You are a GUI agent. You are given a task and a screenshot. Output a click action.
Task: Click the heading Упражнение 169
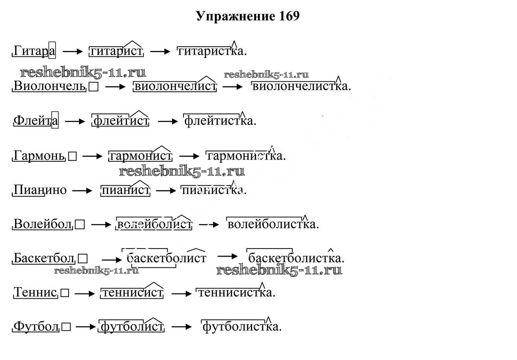pyautogui.click(x=247, y=16)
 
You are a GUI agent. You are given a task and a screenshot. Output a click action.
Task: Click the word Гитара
pyautogui.click(x=34, y=51)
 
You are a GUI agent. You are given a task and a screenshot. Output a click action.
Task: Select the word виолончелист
pyautogui.click(x=175, y=86)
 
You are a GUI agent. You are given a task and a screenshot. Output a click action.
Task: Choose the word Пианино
pyautogui.click(x=40, y=190)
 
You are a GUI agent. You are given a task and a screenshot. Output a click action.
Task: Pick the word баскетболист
pyautogui.click(x=166, y=258)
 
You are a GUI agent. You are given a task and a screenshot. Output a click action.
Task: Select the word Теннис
pyautogui.click(x=36, y=292)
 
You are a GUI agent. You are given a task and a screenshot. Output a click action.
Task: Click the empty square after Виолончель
pyautogui.click(x=93, y=87)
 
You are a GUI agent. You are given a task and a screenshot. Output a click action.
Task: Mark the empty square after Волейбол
pyautogui.click(x=80, y=225)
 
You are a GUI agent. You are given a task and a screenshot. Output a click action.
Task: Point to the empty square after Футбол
pyautogui.click(x=66, y=327)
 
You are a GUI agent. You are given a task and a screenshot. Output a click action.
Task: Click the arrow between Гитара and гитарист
pyautogui.click(x=73, y=51)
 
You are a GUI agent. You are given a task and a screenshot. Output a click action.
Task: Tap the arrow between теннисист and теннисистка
pyautogui.click(x=181, y=294)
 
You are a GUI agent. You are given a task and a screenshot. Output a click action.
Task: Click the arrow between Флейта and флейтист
pyautogui.click(x=75, y=122)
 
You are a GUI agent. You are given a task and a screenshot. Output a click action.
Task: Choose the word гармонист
pyautogui.click(x=141, y=156)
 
